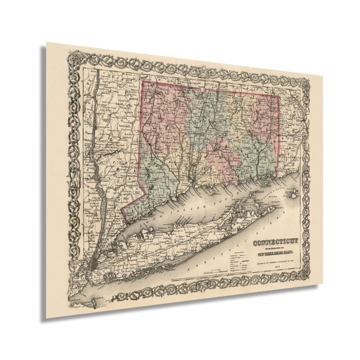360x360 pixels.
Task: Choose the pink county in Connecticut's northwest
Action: click(x=164, y=116)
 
